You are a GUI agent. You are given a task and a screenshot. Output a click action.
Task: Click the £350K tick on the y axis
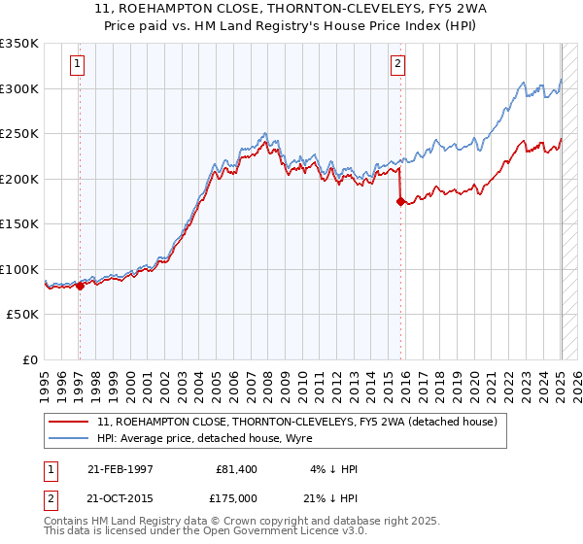[19, 44]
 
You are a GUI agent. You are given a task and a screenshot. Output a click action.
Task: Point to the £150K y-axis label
[19, 224]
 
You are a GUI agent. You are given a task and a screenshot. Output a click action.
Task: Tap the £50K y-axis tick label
[22, 315]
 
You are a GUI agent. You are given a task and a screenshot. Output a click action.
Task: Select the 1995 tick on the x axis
[45, 378]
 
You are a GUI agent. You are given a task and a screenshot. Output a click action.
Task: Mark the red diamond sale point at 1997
[80, 286]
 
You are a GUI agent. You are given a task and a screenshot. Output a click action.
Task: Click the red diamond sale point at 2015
[400, 202]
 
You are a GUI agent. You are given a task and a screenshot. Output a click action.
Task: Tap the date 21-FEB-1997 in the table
[120, 469]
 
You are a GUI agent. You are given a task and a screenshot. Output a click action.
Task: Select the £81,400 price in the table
[236, 469]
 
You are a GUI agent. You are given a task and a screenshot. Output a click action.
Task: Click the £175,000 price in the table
[236, 496]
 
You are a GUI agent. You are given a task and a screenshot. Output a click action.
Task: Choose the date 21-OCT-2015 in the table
[120, 496]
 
